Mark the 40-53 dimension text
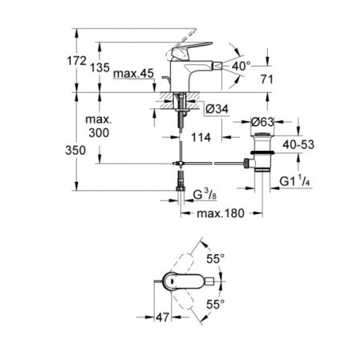click(314, 144)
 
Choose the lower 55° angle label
click(215, 305)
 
